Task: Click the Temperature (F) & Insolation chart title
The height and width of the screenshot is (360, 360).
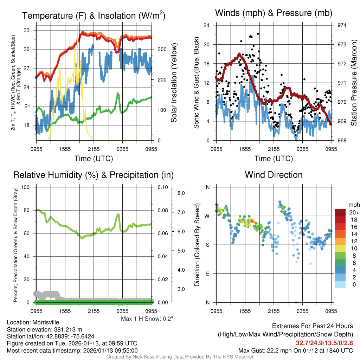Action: point(94,16)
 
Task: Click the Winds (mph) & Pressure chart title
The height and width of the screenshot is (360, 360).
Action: point(274,13)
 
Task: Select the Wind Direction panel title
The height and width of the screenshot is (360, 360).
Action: point(274,175)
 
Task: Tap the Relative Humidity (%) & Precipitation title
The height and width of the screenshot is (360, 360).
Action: point(94,175)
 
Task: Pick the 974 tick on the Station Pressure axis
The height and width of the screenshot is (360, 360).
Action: point(342,25)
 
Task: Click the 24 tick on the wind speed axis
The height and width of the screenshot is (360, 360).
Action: point(207,25)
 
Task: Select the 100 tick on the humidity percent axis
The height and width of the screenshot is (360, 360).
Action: point(26,187)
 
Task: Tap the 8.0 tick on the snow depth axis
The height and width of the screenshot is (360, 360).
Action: point(181,193)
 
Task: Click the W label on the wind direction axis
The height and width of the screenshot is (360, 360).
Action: point(207,216)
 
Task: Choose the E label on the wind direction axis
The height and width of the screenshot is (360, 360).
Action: point(208,274)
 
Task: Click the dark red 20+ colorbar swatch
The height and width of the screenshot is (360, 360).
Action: point(341,212)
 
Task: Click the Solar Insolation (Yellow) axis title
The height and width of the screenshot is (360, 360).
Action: point(174,83)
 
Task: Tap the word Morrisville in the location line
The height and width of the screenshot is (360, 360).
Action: point(43,322)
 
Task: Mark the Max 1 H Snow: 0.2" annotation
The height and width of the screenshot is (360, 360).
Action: point(147,319)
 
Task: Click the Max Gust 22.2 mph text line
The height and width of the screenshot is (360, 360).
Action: point(295,351)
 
